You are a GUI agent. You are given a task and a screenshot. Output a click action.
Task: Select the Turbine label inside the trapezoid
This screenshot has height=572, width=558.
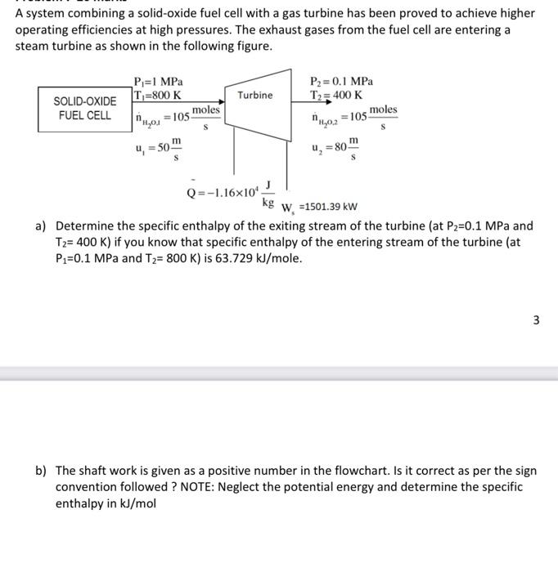[x=255, y=96]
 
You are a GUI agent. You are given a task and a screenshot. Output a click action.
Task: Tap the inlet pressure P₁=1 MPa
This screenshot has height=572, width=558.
[x=158, y=82]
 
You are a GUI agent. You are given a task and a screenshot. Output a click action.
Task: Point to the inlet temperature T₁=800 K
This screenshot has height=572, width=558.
[x=157, y=95]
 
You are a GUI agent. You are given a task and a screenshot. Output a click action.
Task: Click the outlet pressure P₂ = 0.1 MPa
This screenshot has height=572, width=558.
[x=342, y=82]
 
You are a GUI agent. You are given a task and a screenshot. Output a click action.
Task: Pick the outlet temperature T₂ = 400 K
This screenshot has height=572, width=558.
[x=337, y=95]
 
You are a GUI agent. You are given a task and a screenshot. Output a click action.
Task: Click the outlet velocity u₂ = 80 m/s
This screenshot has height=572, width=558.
[x=336, y=150]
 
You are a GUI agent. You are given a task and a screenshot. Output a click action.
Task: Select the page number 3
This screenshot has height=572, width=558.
[x=536, y=320]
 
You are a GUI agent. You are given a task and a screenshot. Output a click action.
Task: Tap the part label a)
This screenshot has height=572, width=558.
[x=40, y=226]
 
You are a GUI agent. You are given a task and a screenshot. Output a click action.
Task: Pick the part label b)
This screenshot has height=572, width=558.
[x=40, y=471]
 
